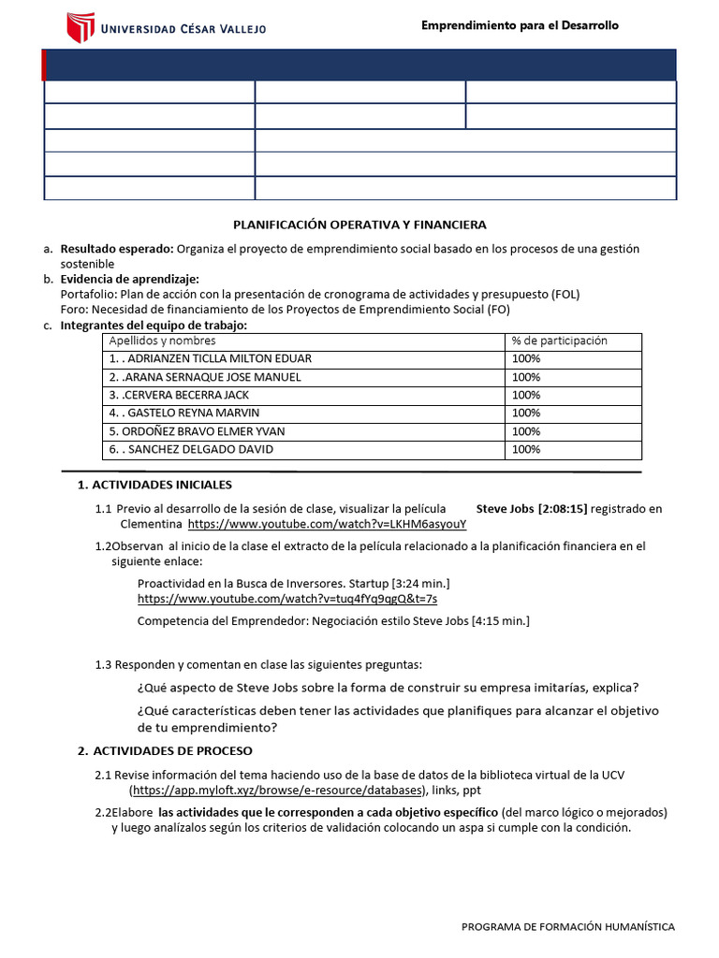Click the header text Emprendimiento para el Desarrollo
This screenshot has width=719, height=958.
520,25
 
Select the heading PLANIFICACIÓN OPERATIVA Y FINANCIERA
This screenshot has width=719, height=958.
359,225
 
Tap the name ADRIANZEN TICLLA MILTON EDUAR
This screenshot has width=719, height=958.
213,358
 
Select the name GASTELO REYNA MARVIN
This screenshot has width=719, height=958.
187,413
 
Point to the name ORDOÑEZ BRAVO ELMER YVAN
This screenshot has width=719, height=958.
198,431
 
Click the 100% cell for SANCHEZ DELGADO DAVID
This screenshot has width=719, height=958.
526,449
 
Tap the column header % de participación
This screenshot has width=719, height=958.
560,341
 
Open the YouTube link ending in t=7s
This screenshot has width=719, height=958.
286,598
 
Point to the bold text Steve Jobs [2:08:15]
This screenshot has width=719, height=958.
532,509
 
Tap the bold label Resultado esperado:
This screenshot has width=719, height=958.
117,249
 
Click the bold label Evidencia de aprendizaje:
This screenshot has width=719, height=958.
129,279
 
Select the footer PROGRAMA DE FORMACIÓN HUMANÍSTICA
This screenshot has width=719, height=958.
568,926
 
